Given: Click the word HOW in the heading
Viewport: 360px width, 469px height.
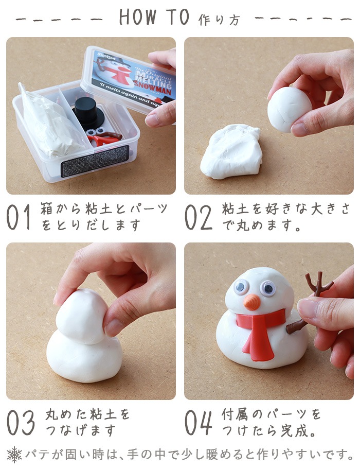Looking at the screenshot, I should coord(137,17).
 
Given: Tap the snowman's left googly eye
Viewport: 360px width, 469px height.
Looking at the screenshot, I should coord(241,287).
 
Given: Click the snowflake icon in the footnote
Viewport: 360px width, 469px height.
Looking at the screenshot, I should coord(14,455).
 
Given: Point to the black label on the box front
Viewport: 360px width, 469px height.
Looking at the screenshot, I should coord(94,161).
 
